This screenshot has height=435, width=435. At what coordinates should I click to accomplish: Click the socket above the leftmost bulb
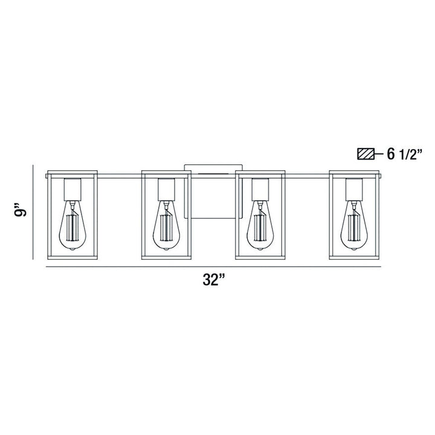(72, 190)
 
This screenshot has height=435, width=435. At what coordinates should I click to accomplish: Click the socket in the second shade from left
(166, 190)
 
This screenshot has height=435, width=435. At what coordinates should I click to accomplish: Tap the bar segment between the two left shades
(119, 176)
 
